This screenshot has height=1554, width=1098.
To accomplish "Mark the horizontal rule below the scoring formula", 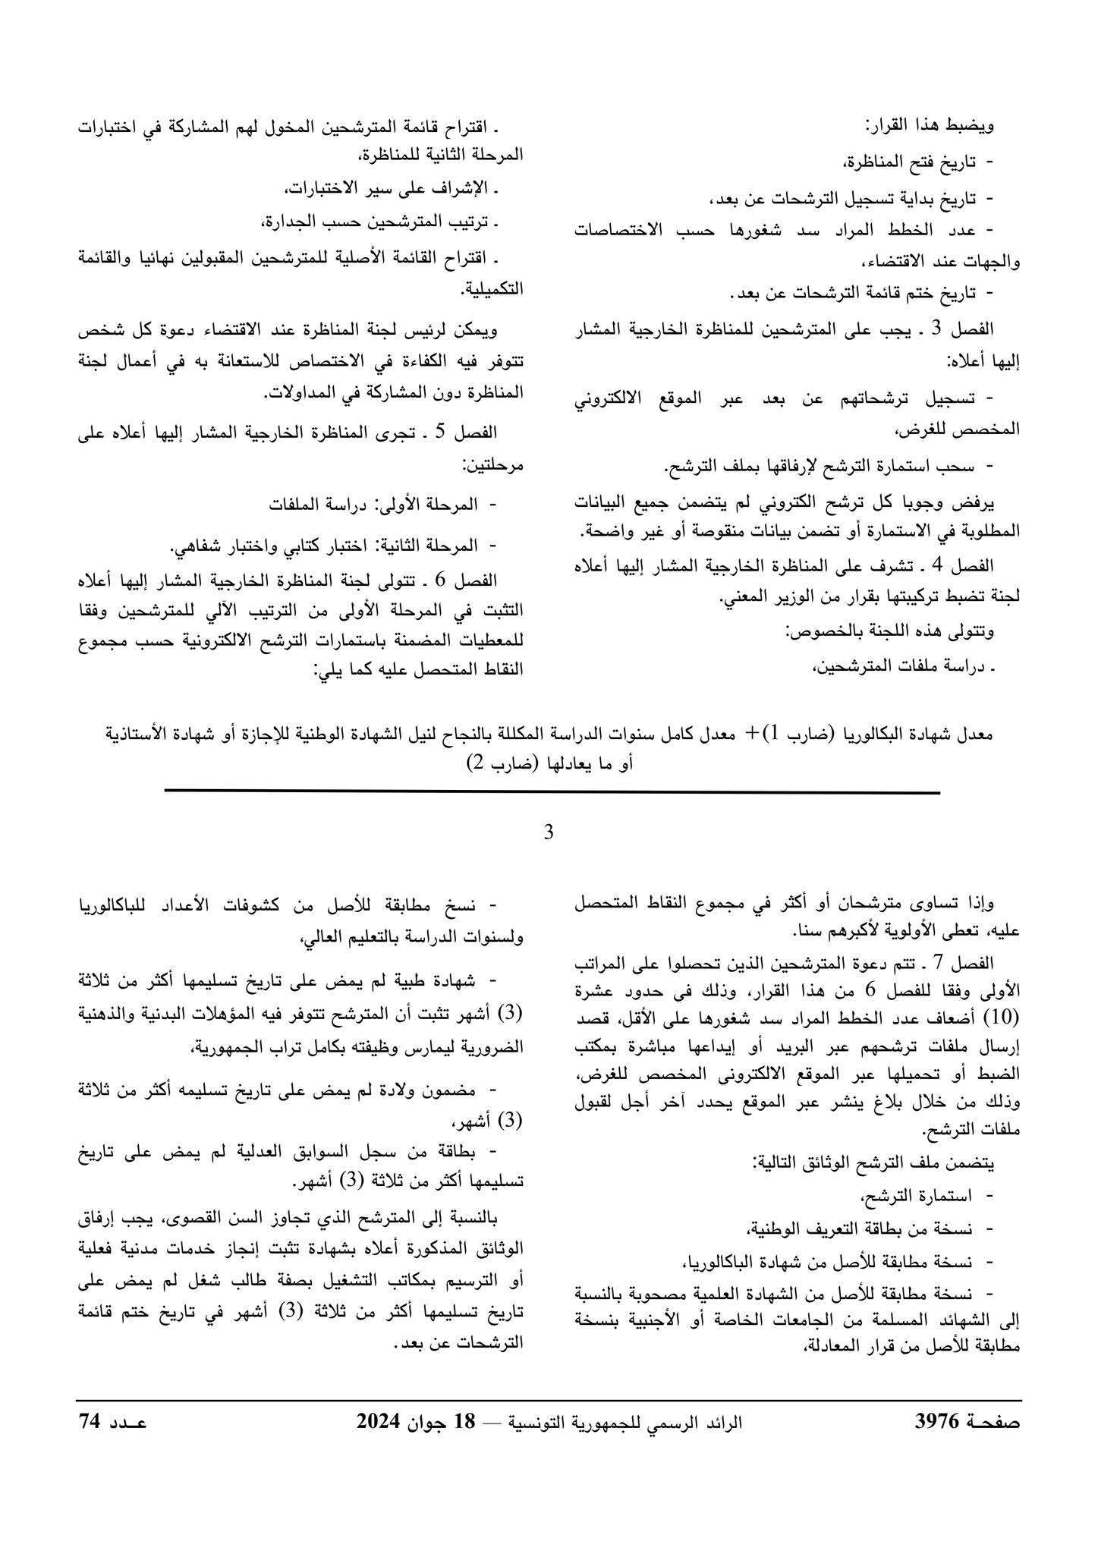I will [552, 793].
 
